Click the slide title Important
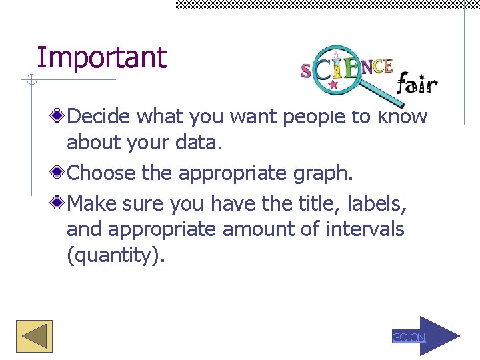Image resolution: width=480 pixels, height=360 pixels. point(101,58)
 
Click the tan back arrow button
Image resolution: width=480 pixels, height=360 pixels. point(34,336)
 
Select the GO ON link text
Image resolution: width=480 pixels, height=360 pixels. point(408,338)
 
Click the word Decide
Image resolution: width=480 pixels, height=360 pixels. point(100,117)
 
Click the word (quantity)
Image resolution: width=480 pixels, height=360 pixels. point(115,257)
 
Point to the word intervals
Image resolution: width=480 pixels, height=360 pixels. point(365,229)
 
